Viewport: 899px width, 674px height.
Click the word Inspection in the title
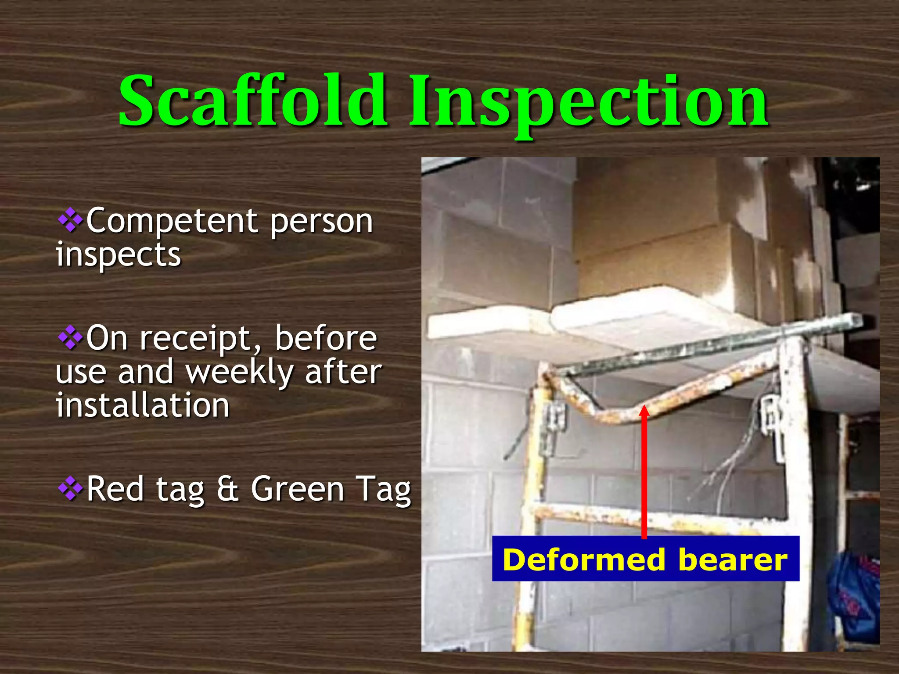[588, 103]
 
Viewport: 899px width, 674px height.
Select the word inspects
[119, 255]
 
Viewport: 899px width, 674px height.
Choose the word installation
[143, 405]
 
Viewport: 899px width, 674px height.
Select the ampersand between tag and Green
[227, 489]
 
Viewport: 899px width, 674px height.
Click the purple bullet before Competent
[70, 221]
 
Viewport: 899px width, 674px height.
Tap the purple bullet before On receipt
[70, 338]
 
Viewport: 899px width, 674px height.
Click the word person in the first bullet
[321, 222]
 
